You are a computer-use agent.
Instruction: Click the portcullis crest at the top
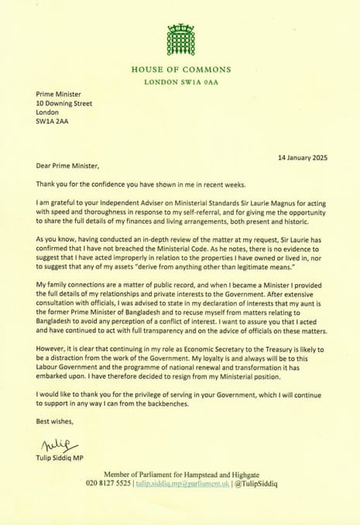[180, 39]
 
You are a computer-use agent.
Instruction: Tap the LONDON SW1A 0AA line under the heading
[180, 82]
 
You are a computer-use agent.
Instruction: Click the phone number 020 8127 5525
[109, 482]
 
